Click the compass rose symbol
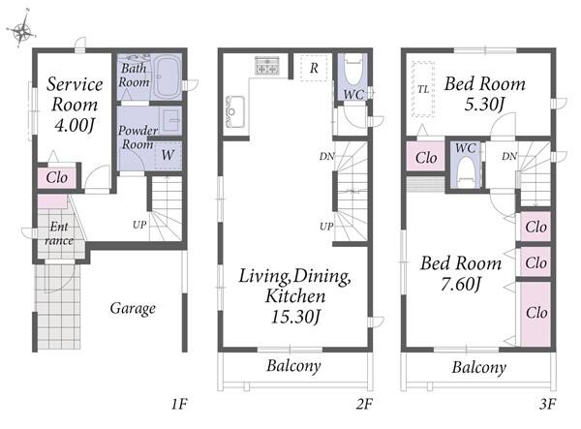coord(22,29)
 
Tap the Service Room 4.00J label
coord(75,105)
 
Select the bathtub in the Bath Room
coord(167,77)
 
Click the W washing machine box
coord(168,155)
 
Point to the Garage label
coord(133,308)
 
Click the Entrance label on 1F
coord(59,233)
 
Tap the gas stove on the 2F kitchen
coord(267,66)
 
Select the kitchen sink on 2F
coord(235,111)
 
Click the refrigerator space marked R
coord(314,68)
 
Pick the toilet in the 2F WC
coord(352,70)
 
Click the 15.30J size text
coord(295,317)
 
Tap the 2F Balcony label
coord(293,366)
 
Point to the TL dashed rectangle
coord(423,89)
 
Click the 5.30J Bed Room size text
coord(484,104)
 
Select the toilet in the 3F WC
coord(466,172)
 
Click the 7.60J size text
coord(461,285)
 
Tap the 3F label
coord(548,404)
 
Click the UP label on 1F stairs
coord(139,225)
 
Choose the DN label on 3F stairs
coord(509,156)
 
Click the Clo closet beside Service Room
coord(57,178)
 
